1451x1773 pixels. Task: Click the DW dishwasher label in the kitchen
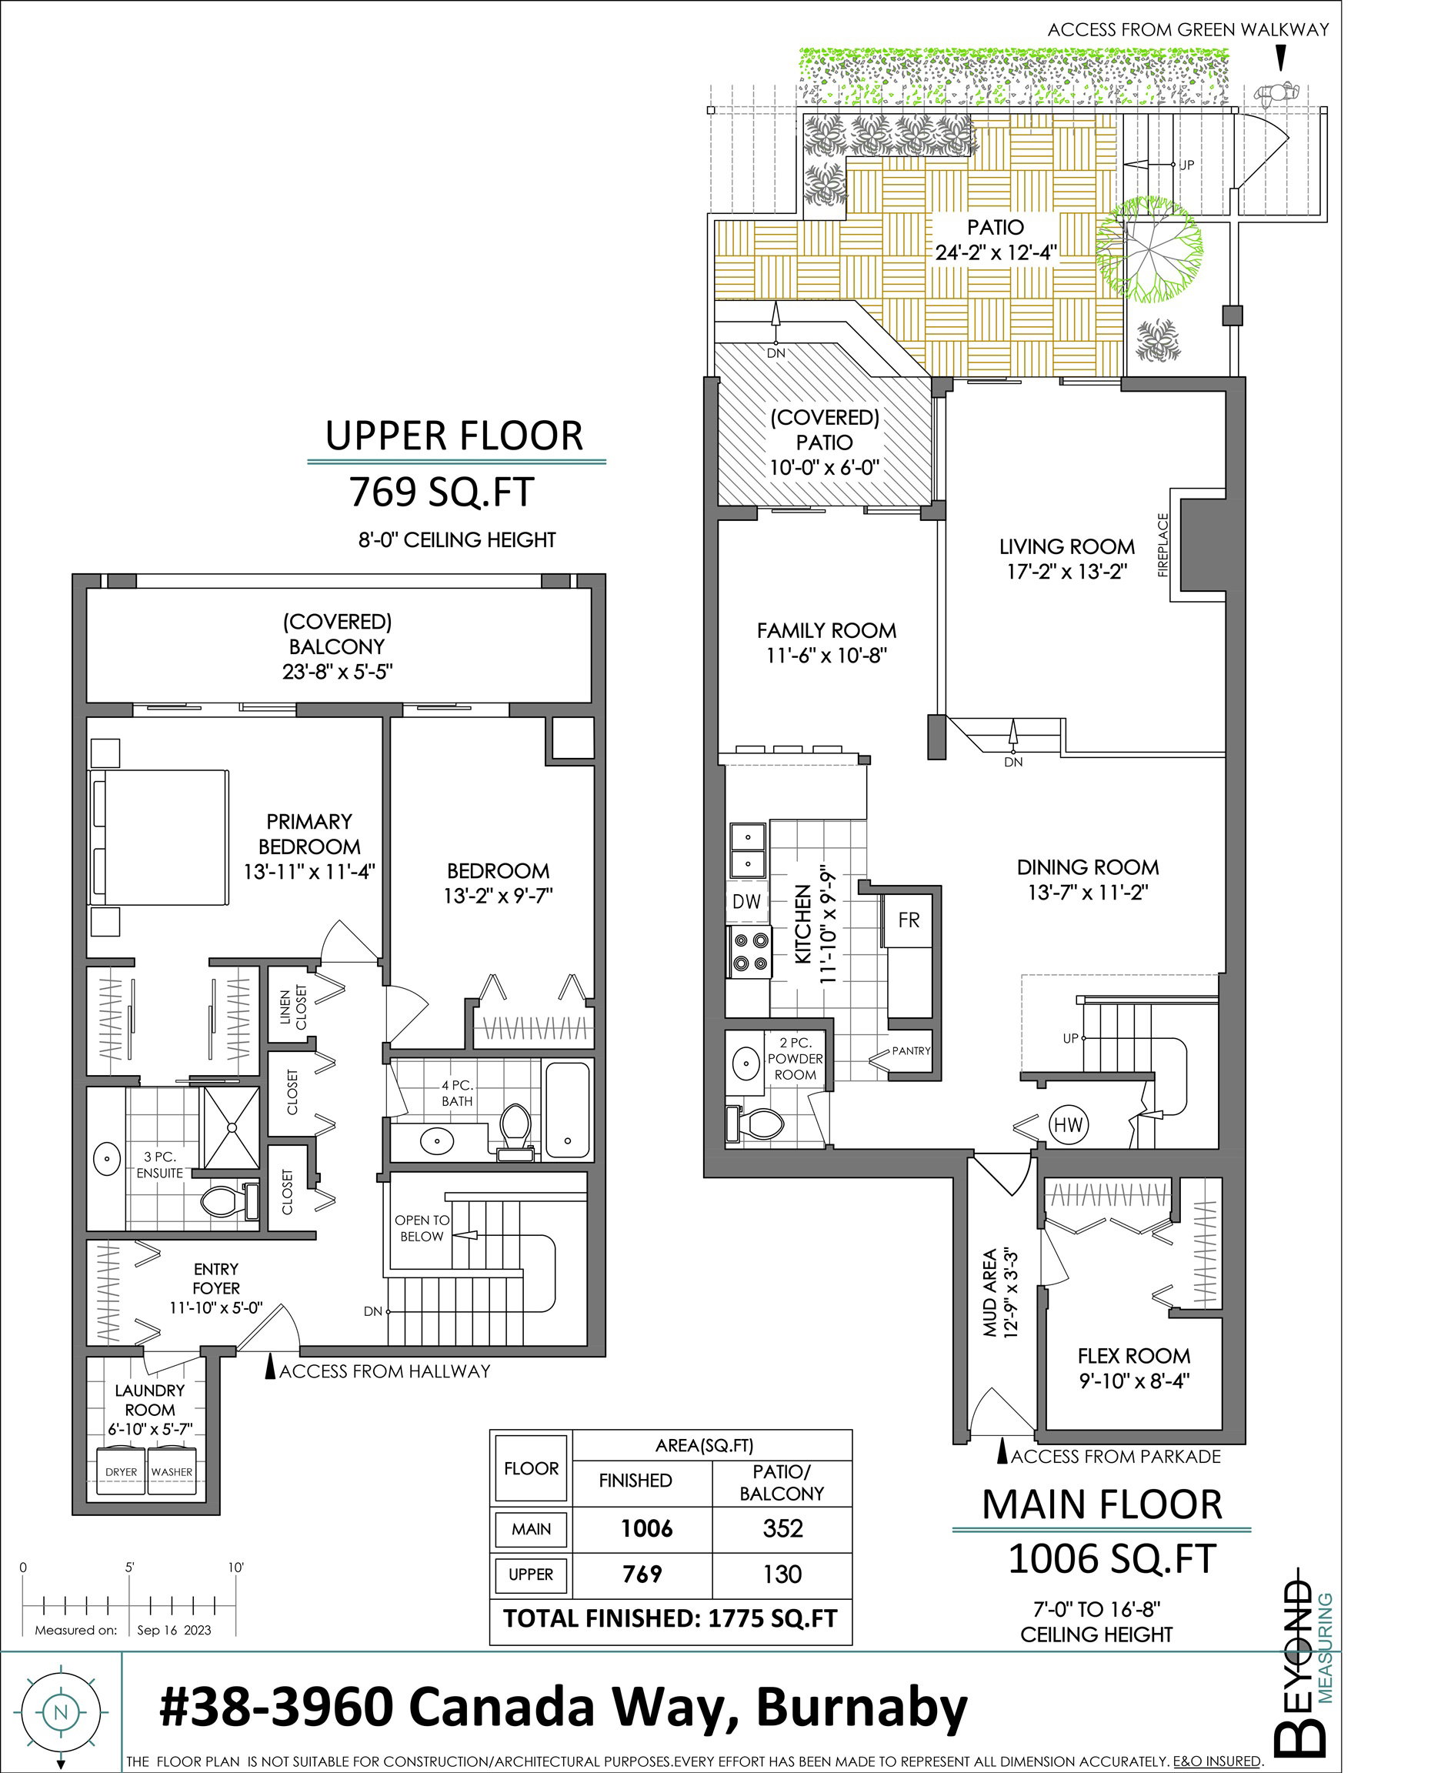(x=746, y=901)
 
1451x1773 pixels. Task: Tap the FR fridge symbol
(x=909, y=920)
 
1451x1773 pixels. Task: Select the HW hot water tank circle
(x=1067, y=1124)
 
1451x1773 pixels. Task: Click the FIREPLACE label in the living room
(x=1162, y=544)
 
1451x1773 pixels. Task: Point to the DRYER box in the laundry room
(x=122, y=1472)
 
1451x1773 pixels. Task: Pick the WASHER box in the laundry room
(x=172, y=1472)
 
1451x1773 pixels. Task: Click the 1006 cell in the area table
(x=646, y=1529)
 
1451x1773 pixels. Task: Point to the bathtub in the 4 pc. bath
(x=568, y=1108)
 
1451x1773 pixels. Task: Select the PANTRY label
(x=910, y=1050)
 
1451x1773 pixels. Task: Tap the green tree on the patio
(x=1150, y=249)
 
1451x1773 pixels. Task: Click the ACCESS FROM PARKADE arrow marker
(x=1002, y=1454)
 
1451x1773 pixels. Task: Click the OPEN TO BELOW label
(x=422, y=1228)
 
